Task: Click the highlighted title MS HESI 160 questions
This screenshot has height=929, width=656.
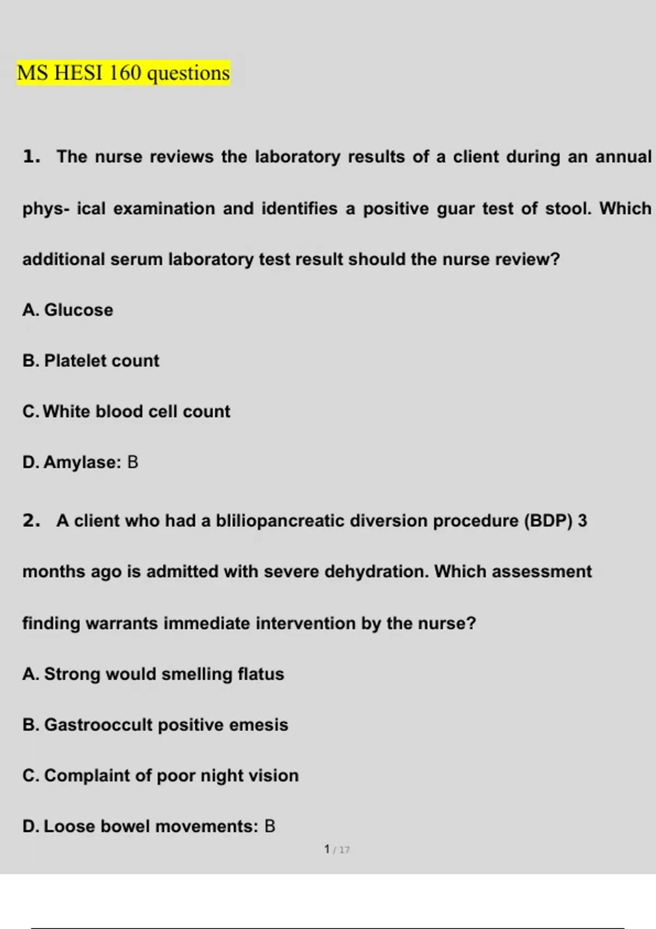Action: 123,73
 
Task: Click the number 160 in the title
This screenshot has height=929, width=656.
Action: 125,73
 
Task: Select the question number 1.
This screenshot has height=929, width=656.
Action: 31,157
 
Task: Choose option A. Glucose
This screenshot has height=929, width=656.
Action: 68,310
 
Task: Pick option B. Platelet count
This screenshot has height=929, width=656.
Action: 91,361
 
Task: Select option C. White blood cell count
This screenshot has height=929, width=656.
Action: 126,411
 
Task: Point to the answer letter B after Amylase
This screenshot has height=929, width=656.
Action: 133,462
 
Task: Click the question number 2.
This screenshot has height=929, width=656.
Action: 31,521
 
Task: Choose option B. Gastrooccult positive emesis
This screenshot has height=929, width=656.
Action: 155,725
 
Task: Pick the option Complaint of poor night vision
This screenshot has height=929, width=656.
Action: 161,775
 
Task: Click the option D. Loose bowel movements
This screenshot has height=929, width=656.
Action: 140,826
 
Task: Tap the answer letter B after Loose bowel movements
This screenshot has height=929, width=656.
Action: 270,826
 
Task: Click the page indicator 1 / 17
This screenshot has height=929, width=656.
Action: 336,850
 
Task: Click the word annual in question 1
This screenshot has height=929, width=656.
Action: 623,157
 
